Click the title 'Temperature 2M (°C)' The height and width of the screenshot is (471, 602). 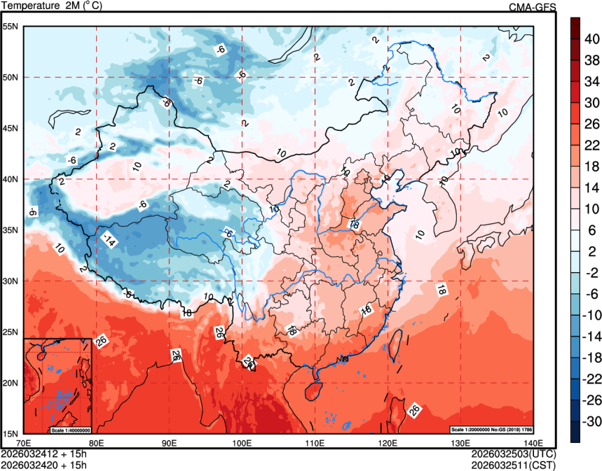[53, 6]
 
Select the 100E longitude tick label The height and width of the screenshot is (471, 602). [242, 443]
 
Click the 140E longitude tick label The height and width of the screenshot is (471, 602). [533, 443]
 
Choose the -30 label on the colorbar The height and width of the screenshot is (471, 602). [592, 422]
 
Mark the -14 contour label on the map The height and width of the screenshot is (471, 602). [108, 239]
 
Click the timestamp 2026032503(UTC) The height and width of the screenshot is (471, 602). [514, 454]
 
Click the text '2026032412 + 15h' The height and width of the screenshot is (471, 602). [43, 454]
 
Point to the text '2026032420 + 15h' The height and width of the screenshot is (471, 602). [43, 463]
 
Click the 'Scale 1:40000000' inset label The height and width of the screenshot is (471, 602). [71, 430]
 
